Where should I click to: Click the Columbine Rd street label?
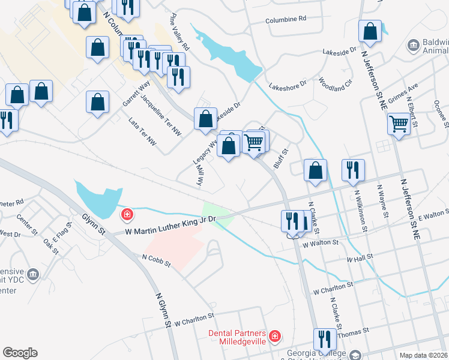pyautogui.click(x=285, y=19)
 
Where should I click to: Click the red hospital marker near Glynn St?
pyautogui.click(x=127, y=214)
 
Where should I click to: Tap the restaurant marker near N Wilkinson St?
pyautogui.click(x=352, y=170)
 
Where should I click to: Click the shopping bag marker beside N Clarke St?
pyautogui.click(x=315, y=171)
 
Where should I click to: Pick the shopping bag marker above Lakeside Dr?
pyautogui.click(x=371, y=32)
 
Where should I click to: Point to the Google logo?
pyautogui.click(x=20, y=353)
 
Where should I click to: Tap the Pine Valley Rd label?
pyautogui.click(x=179, y=38)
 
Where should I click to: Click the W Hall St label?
pyautogui.click(x=360, y=258)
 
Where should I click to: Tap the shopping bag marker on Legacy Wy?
pyautogui.click(x=205, y=119)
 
